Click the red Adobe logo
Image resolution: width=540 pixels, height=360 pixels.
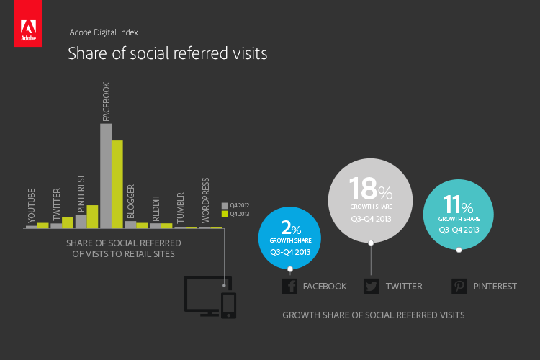28,23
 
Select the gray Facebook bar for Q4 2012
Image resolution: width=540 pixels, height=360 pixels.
106,176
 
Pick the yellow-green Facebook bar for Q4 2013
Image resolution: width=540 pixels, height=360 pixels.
117,184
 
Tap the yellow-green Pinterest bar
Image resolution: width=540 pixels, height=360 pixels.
92,217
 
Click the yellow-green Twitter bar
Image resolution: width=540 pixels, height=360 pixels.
68,222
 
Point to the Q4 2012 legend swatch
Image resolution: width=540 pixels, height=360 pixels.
225,206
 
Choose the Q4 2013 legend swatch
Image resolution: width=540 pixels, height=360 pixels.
225,214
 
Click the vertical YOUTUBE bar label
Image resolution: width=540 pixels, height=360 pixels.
32,205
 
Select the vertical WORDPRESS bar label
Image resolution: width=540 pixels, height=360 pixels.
206,200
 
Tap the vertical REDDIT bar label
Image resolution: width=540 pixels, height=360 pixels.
156,208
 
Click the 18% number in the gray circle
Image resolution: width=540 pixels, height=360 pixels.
371,189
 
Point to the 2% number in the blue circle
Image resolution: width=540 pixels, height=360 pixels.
291,228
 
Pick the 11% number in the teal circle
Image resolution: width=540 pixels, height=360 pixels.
458,204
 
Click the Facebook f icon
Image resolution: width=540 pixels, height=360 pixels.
289,287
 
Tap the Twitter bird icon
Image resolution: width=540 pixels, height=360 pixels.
372,287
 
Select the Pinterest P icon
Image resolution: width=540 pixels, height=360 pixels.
459,287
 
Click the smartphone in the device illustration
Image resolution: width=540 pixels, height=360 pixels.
228,305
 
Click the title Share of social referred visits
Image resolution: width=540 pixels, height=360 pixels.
167,53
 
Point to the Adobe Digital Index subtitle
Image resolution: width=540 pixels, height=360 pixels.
104,32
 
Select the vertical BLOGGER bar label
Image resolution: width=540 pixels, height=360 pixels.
131,202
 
